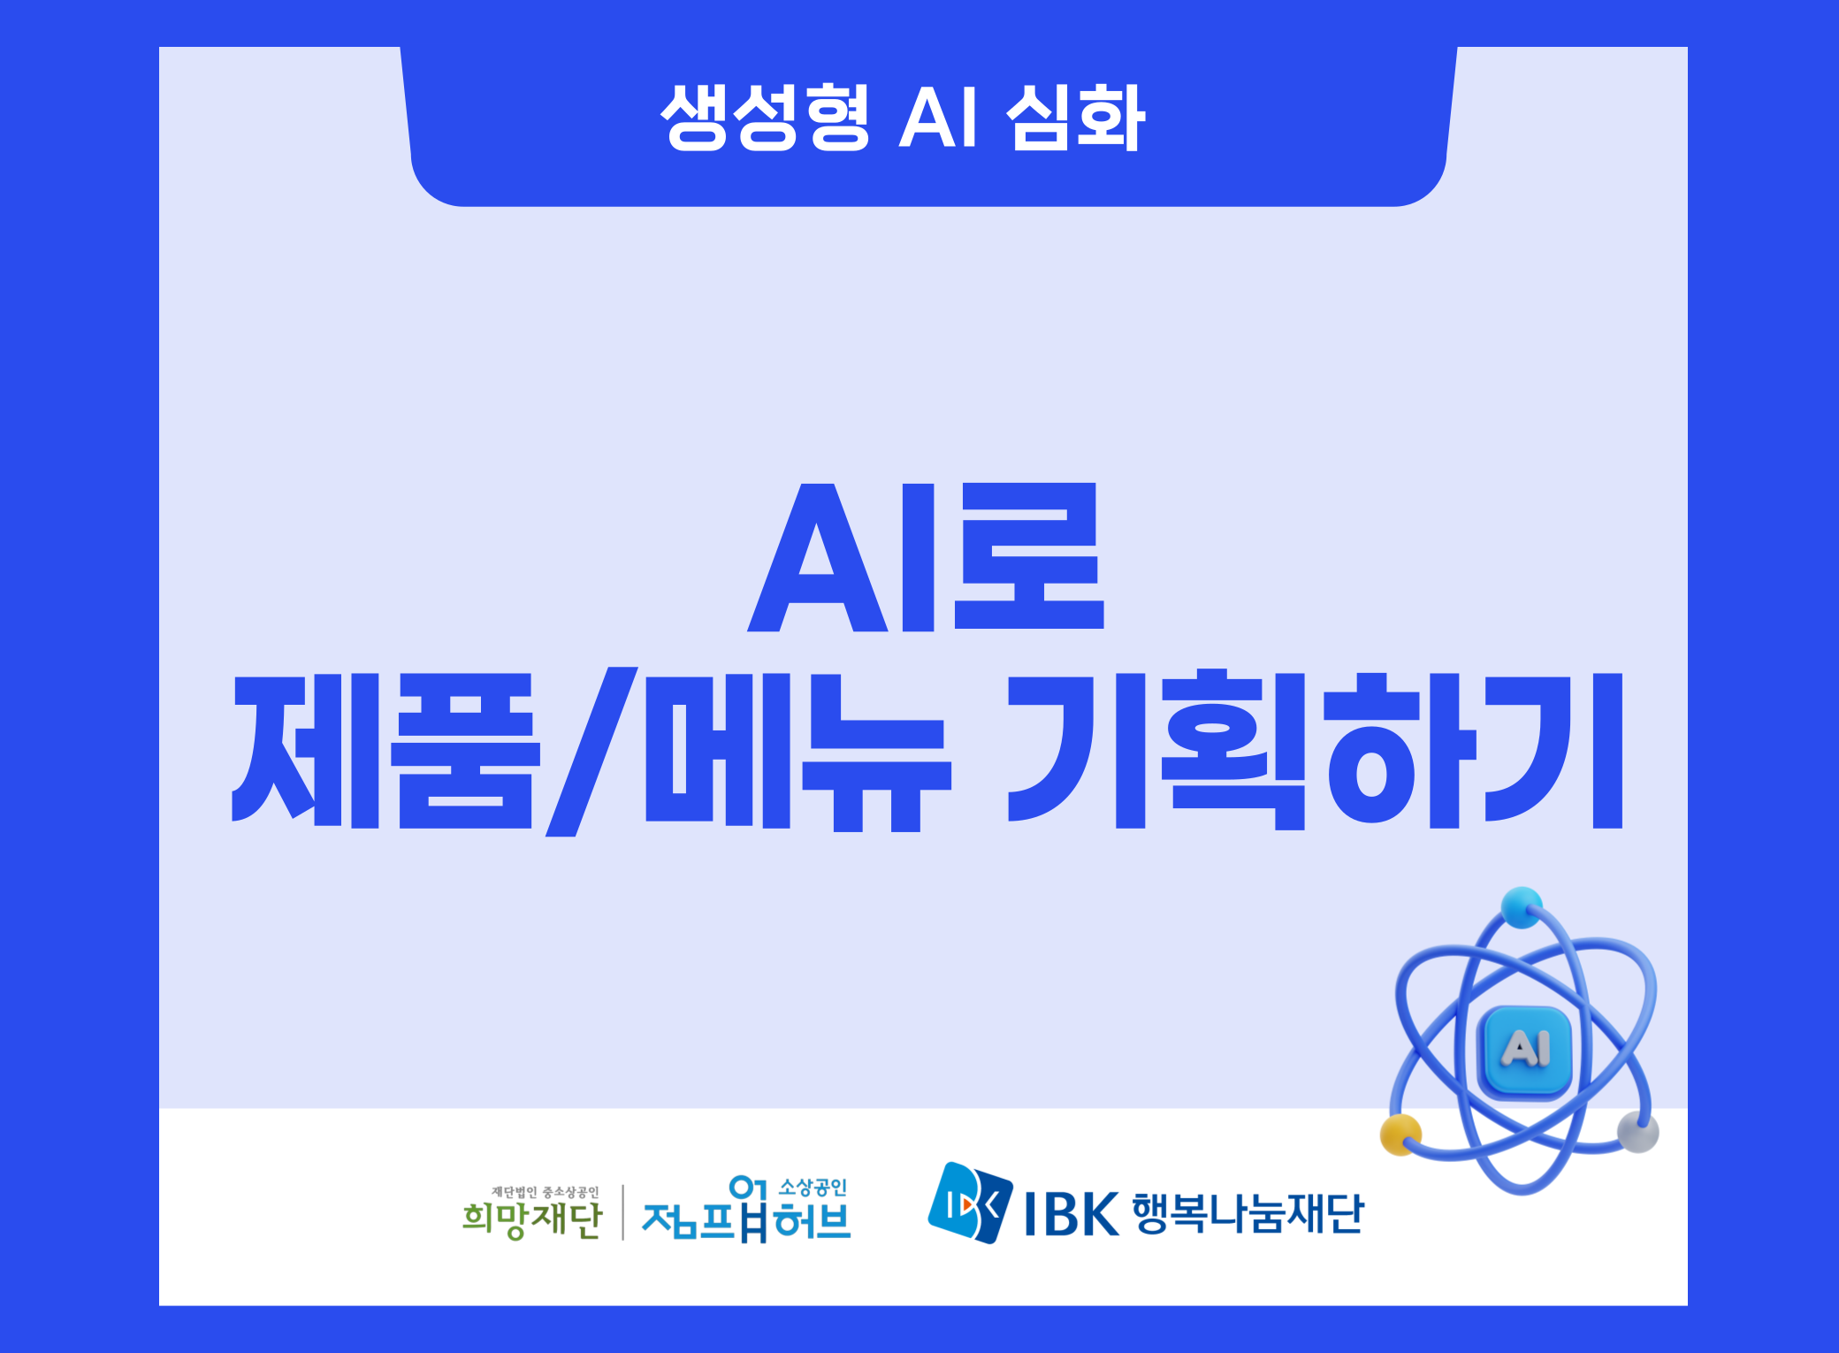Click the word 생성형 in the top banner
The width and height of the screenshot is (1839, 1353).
[x=766, y=118]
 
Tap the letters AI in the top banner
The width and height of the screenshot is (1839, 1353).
[x=938, y=118]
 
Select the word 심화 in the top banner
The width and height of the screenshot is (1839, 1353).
[x=1075, y=118]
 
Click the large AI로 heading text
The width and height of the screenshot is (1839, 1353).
[x=926, y=557]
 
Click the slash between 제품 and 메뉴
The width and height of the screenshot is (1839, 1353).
[x=591, y=752]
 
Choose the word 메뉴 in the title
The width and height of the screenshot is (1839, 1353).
[x=798, y=752]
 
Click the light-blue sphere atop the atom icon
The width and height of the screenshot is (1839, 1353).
[x=1521, y=907]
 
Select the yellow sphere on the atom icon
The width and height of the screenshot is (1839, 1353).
[x=1400, y=1135]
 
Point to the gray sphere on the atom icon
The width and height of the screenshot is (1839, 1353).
[x=1637, y=1132]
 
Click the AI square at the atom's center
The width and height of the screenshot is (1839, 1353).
[x=1524, y=1051]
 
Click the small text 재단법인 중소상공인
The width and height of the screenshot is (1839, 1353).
[x=546, y=1192]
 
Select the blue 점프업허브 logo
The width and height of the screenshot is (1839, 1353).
[x=745, y=1210]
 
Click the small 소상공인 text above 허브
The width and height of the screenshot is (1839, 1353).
[x=813, y=1188]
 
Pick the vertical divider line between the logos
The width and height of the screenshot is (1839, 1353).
[x=622, y=1212]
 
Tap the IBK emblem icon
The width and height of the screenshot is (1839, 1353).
[x=970, y=1203]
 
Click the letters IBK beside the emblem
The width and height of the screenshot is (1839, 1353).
[x=1072, y=1214]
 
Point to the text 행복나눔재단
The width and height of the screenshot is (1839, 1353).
[x=1248, y=1213]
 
